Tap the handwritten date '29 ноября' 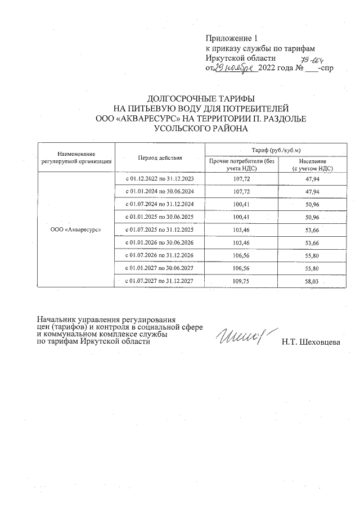point(236,68)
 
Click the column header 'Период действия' point(160,157)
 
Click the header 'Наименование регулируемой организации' point(76,157)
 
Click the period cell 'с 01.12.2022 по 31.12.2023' point(160,178)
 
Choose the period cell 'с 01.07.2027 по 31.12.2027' point(160,281)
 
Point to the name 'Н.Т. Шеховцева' point(311,341)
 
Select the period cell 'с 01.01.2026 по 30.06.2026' point(160,242)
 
